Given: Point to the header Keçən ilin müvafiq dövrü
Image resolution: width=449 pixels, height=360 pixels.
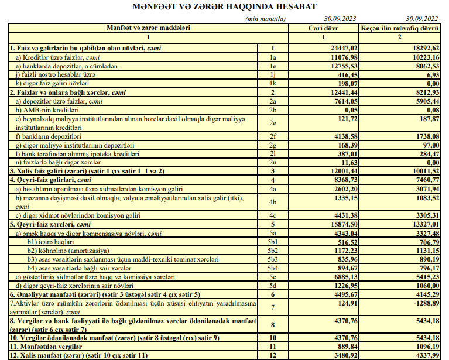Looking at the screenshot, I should (399, 28).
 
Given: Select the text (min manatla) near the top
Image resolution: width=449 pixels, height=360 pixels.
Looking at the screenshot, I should (266, 19).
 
